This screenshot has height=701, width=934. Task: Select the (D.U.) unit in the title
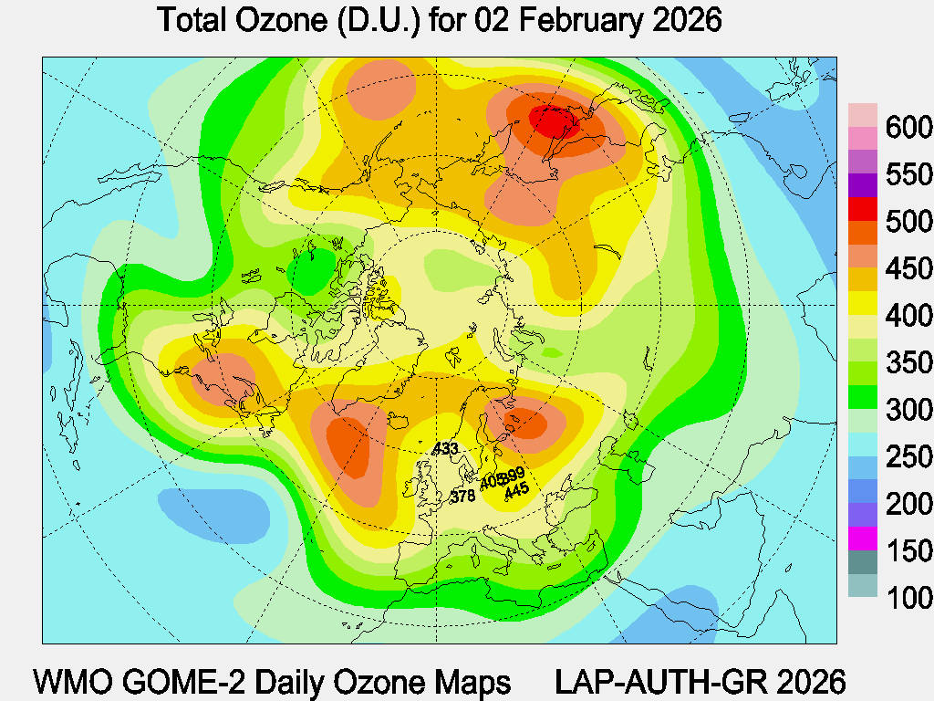point(374,20)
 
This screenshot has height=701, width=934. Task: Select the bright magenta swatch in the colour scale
point(863,539)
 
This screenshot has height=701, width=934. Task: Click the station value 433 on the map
point(445,448)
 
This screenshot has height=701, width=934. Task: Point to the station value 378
point(463,497)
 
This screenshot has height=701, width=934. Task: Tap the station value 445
point(516,489)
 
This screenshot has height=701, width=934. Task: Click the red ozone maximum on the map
point(551,121)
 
